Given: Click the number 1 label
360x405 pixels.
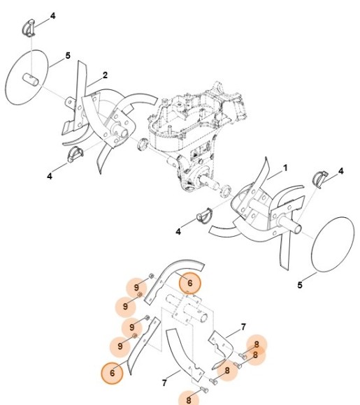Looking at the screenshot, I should point(285,168).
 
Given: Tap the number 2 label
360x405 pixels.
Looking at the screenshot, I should point(104,75).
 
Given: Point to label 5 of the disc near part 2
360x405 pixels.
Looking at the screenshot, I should point(68,55).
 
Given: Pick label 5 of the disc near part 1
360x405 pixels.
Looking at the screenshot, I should point(301,284).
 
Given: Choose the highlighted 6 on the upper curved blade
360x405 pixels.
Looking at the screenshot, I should point(187,283).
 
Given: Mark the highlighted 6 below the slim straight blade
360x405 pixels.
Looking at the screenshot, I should point(112,373).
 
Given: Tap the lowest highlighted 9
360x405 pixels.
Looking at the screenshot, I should point(122,345).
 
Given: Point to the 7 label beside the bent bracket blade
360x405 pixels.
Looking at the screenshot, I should point(243,327).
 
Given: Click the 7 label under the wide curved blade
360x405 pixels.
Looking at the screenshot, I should point(164,383).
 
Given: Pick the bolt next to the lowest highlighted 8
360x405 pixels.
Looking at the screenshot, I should point(203,388).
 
